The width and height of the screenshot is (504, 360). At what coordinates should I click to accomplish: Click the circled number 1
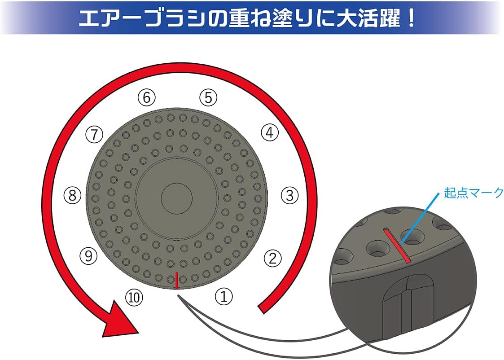(224, 296)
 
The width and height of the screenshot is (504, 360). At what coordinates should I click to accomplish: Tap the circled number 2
(272, 258)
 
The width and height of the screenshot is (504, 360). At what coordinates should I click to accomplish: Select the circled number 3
(290, 195)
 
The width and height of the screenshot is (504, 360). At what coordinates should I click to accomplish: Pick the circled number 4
(269, 132)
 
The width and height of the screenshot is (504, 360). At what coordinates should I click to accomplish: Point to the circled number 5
(209, 97)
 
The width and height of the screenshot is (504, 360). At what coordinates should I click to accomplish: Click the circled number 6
(147, 97)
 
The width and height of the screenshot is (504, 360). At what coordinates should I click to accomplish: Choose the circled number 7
(94, 134)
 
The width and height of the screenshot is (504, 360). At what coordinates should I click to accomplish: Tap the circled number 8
(72, 195)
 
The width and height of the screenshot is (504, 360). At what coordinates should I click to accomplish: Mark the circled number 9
(88, 255)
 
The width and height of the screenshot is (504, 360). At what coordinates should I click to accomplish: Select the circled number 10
(134, 297)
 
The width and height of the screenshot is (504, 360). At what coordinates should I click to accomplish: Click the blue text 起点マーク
(473, 193)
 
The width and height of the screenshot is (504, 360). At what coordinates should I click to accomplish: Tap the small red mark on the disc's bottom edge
(176, 280)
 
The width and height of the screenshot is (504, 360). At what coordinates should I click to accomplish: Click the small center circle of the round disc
(176, 198)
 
